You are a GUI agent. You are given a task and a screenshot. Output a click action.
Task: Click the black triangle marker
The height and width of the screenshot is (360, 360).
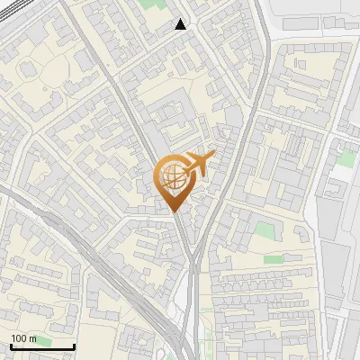pos(181,24)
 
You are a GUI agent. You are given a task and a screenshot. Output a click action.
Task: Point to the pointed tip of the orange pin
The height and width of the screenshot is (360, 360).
pos(174,211)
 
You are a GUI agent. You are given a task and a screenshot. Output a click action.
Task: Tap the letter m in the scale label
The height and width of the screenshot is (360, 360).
pos(33,338)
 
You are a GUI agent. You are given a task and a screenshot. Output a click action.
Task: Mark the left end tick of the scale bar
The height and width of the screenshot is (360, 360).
pos(10,346)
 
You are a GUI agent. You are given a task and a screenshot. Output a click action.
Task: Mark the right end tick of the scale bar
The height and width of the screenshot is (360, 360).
pos(74,346)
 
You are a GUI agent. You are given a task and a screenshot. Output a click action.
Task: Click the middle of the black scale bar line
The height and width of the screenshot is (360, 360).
pos(41,347)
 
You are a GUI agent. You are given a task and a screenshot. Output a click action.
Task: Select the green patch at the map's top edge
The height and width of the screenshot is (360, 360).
pos(147,4)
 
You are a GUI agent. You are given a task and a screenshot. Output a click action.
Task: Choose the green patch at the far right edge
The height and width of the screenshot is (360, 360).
pos(346,157)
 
